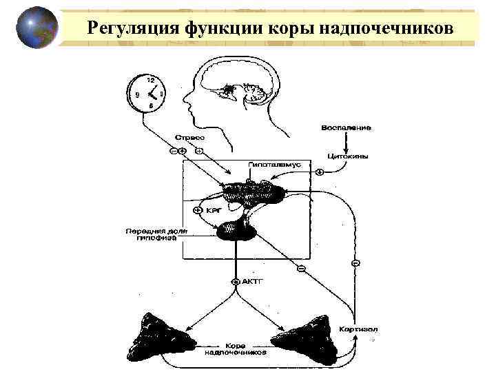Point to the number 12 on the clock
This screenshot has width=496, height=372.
(149, 79)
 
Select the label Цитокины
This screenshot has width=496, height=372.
(346, 156)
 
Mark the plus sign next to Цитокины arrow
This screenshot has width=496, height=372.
(320, 172)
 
